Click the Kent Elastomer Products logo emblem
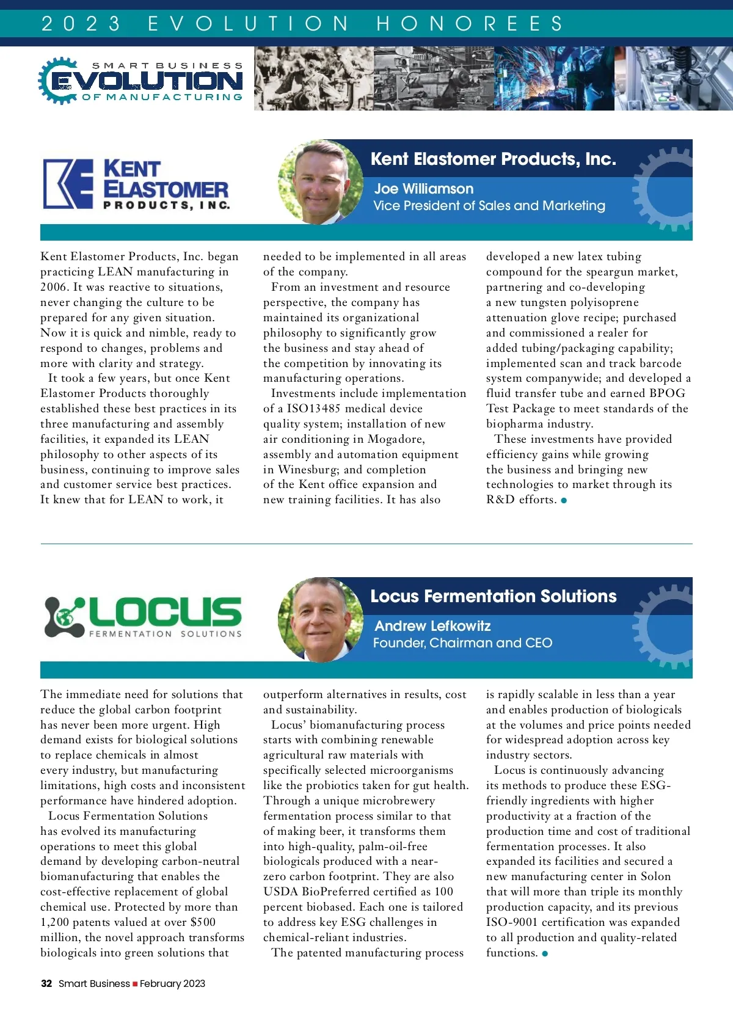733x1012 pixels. click(x=68, y=184)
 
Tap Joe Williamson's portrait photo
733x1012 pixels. click(x=320, y=182)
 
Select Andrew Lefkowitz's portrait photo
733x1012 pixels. click(x=320, y=619)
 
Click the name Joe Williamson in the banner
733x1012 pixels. click(x=423, y=189)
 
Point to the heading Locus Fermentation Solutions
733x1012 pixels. click(x=493, y=596)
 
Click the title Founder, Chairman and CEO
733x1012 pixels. click(x=462, y=643)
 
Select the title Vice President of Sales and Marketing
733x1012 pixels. click(x=489, y=206)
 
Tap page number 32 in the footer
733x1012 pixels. click(x=46, y=983)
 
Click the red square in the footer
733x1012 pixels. click(x=135, y=984)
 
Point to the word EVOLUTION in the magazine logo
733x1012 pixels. click(x=147, y=81)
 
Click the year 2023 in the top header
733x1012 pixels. click(x=81, y=24)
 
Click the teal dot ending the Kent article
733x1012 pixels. click(x=564, y=501)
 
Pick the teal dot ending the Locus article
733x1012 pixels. click(x=545, y=953)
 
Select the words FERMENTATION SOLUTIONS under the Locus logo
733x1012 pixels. click(x=166, y=634)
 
